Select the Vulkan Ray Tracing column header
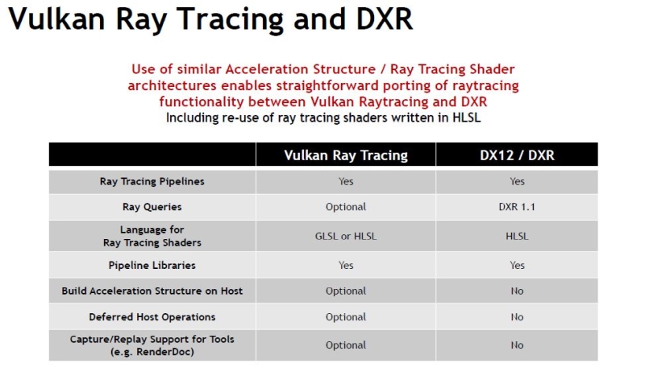pos(346,155)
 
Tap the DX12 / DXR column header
pos(517,155)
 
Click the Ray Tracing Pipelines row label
pos(152,181)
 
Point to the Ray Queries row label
pos(152,207)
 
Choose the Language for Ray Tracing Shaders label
pos(152,236)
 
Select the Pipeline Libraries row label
pos(152,265)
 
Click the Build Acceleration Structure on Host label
pos(152,291)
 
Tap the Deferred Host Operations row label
pos(152,316)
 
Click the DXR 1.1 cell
pos(517,207)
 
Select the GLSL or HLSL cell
pos(346,236)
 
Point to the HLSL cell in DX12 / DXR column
pos(517,236)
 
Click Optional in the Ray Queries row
pos(346,207)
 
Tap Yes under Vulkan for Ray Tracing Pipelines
pos(346,181)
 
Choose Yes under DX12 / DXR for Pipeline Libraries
pos(517,265)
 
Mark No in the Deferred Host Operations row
pos(517,316)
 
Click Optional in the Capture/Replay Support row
pos(346,345)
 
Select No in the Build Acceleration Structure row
pos(517,291)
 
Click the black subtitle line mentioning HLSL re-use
pos(322,118)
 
